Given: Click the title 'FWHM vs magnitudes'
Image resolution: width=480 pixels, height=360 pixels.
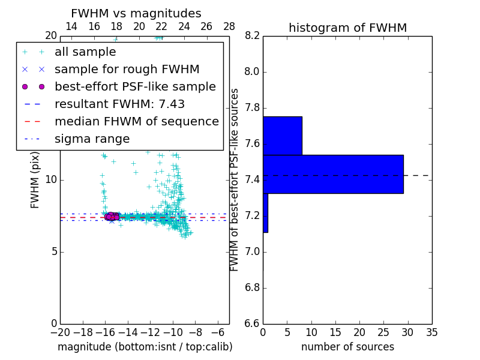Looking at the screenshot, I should (136, 13).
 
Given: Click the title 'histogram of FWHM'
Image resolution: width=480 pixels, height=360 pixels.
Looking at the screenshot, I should (347, 28).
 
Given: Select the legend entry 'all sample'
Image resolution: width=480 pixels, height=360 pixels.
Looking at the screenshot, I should (85, 52).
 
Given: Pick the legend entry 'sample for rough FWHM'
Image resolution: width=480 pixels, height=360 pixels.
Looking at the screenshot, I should (127, 70).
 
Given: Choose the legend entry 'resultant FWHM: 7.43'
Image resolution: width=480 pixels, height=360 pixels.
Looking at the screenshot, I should (119, 104).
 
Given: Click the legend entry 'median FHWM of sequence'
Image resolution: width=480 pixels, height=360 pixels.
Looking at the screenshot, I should (136, 122).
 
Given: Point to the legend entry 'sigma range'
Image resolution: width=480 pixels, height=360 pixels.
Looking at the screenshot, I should (92, 139).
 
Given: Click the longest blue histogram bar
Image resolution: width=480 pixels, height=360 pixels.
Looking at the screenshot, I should (333, 174).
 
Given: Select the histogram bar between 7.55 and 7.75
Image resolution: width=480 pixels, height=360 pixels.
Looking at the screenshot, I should (282, 135).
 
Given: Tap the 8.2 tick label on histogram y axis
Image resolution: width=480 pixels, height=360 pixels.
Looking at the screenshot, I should (252, 36).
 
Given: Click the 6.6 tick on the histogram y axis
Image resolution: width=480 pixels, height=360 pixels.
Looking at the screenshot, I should (252, 324).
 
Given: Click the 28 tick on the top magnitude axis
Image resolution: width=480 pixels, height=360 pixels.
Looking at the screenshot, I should (229, 26).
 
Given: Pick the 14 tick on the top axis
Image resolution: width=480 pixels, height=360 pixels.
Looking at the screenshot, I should (71, 26).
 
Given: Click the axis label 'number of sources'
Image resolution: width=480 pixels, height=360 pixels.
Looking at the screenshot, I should (347, 347).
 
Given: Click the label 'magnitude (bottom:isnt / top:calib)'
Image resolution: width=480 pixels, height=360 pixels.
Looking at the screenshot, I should (145, 347).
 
